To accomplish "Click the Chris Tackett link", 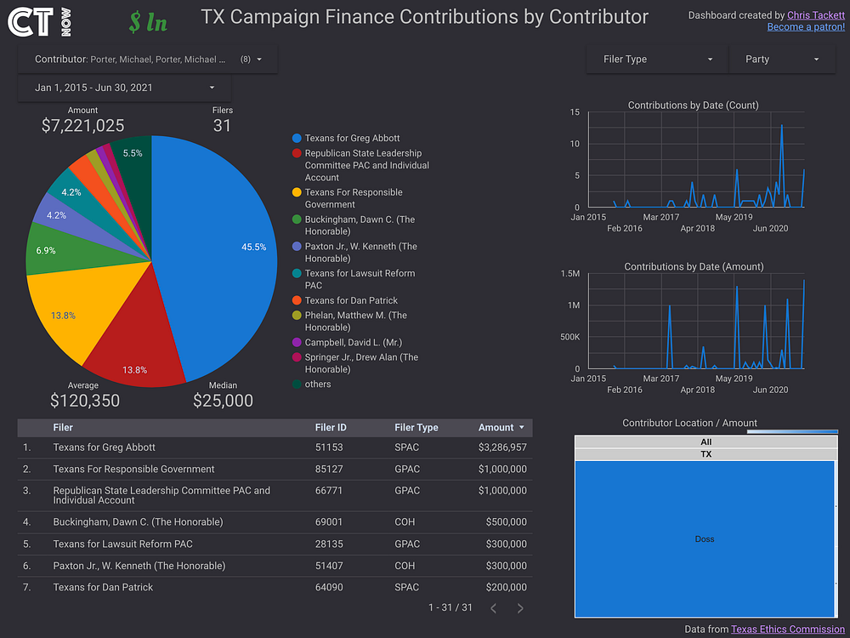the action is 815,15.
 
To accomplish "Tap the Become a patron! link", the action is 806,26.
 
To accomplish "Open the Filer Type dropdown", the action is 657,60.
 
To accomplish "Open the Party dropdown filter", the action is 782,60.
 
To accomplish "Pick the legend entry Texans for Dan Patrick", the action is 351,300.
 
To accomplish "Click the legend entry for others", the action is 318,385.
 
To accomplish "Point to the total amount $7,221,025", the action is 83,125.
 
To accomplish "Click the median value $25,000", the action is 223,401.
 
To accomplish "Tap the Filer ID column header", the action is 331,428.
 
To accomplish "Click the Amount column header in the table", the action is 496,428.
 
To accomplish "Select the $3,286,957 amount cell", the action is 502,447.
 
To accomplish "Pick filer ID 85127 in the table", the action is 328,469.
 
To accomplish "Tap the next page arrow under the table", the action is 520,608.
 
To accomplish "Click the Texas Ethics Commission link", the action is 788,629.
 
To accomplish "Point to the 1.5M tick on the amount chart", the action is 570,273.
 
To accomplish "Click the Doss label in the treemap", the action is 704,538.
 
